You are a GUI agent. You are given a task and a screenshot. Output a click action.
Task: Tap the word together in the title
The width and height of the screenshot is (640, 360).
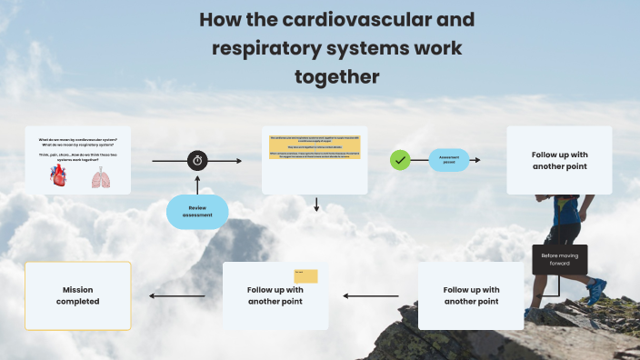click(x=336, y=76)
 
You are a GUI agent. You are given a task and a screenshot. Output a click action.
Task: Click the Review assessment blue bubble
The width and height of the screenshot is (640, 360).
click(x=197, y=211)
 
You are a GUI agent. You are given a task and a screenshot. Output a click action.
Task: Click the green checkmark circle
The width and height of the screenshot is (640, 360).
click(x=400, y=160)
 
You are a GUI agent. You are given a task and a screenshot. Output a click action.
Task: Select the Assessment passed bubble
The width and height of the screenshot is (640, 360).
click(x=449, y=160)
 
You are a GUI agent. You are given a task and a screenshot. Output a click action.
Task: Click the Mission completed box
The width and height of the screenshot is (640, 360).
click(x=78, y=295)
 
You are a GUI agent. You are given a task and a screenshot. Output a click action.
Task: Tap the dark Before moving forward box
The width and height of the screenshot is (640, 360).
click(x=559, y=259)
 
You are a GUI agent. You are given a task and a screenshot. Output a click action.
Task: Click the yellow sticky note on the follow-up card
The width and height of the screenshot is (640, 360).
click(x=305, y=275)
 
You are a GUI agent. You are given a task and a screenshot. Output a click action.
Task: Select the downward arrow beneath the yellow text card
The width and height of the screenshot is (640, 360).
click(x=316, y=204)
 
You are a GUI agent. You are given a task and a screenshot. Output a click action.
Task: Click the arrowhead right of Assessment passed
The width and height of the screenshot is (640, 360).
click(x=477, y=160)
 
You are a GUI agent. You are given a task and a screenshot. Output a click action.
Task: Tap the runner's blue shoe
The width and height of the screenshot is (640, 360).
click(x=595, y=291)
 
